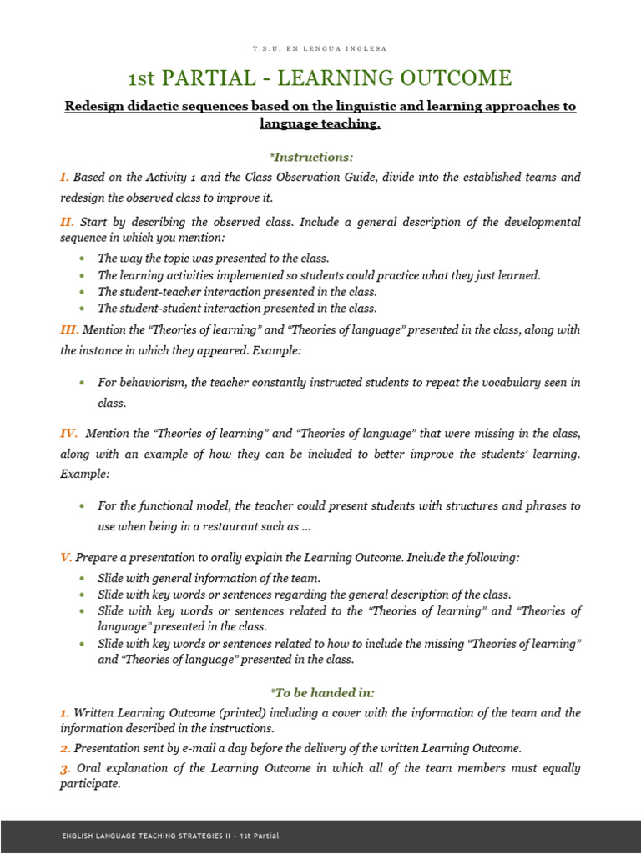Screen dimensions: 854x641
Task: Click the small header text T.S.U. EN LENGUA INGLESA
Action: pos(320,48)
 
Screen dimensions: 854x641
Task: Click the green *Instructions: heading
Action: pos(320,156)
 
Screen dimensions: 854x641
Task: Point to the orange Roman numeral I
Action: pos(63,177)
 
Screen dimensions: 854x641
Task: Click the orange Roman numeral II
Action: pos(67,222)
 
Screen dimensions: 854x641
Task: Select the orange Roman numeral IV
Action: pos(68,434)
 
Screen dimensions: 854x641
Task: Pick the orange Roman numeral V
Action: pos(64,557)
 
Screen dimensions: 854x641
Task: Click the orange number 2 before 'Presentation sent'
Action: pos(64,747)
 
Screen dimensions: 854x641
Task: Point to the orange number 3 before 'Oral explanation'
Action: pos(64,767)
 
